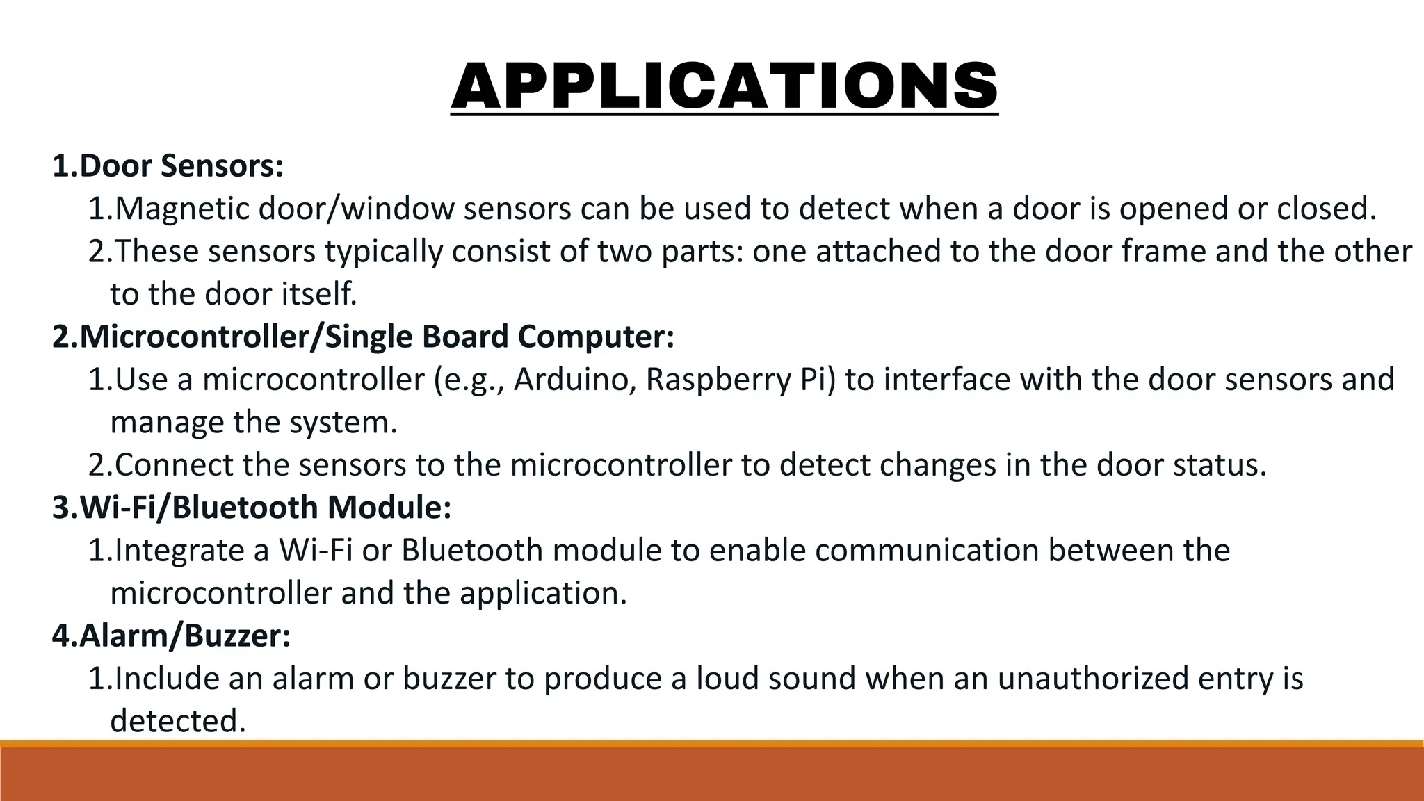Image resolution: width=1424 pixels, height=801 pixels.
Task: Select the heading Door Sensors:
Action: click(168, 166)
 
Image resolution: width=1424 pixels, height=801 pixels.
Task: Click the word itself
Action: click(319, 294)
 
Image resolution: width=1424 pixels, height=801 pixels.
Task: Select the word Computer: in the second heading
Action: click(596, 337)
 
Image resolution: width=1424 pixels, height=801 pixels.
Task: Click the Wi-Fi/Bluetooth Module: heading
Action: click(252, 508)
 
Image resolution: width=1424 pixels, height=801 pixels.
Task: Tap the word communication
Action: click(927, 551)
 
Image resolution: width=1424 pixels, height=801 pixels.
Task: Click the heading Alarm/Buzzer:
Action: click(172, 636)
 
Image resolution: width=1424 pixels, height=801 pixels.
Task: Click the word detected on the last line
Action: click(178, 721)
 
